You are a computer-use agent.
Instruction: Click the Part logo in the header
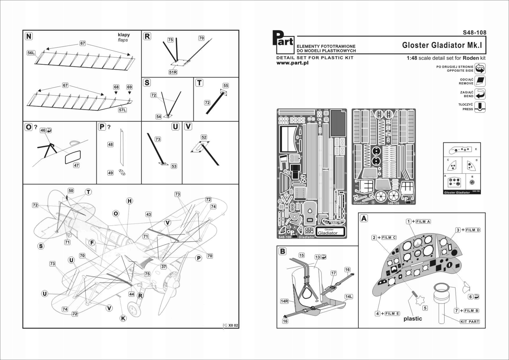283,42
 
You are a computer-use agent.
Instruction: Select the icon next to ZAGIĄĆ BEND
480,94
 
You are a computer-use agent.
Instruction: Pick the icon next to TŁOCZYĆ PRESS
480,107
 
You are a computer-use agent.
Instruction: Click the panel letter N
29,36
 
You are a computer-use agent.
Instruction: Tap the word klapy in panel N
124,35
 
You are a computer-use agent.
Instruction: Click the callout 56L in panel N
31,53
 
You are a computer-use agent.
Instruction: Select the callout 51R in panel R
173,72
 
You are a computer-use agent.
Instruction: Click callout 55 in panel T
226,86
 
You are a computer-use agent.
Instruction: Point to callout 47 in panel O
76,165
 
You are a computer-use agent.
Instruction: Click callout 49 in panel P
110,173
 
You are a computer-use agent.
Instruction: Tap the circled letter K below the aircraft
123,318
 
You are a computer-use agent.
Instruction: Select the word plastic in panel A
413,319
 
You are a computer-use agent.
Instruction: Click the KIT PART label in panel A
470,321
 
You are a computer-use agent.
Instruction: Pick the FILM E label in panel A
392,314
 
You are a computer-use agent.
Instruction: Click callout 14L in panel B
349,296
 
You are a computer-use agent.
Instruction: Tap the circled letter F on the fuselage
92,243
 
